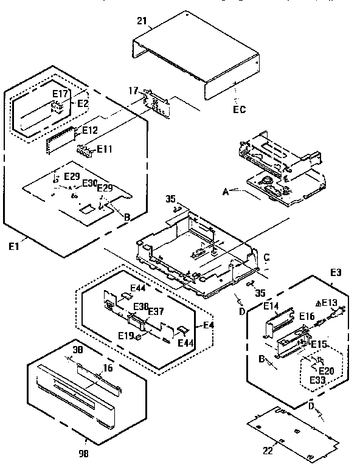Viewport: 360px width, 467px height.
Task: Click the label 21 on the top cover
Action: tap(142, 22)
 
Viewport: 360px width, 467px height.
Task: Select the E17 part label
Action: tap(60, 94)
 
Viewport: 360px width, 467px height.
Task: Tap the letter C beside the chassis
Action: tap(266, 257)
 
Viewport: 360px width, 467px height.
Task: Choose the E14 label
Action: tap(271, 306)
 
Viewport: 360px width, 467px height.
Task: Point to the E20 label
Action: tap(326, 370)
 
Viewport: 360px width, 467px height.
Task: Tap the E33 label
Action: tap(317, 380)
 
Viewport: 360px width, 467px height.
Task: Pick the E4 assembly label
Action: tap(209, 325)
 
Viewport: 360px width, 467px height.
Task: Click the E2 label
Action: tap(83, 103)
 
